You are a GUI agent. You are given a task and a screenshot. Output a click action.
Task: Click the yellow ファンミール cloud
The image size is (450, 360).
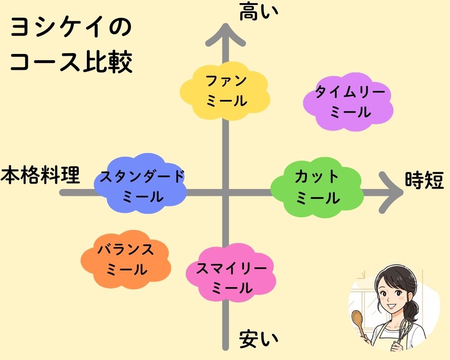(225, 91)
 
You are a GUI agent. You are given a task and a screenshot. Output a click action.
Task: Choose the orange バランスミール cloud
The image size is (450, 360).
(126, 260)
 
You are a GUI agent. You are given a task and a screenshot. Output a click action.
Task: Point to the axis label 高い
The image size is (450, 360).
(258, 12)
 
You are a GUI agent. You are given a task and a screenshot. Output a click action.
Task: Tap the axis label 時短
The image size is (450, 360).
(424, 181)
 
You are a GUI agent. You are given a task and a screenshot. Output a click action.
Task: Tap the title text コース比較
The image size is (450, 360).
(71, 63)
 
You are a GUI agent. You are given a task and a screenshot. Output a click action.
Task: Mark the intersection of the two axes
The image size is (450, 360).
(225, 193)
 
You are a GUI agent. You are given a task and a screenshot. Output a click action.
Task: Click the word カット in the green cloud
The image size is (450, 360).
(317, 177)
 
